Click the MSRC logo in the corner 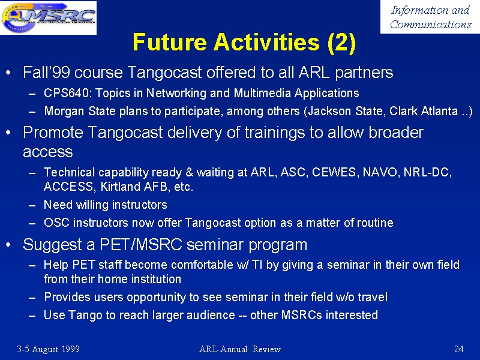click(49, 17)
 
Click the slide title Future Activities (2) click(244, 42)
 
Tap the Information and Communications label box click(430, 17)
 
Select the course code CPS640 click(67, 93)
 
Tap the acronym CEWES click(334, 172)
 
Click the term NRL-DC click(427, 172)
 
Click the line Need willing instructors click(106, 205)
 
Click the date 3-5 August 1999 click(49, 349)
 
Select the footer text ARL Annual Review click(240, 349)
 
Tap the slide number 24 click(458, 349)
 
